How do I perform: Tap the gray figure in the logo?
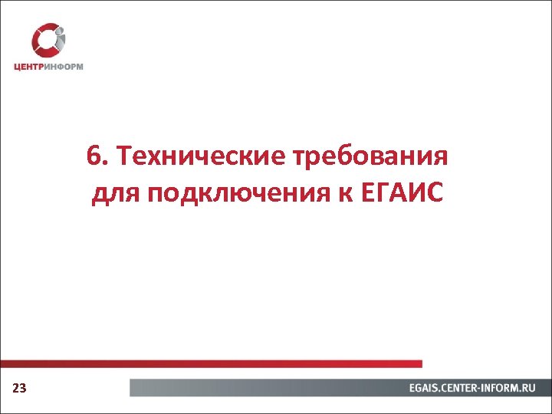[x=61, y=38]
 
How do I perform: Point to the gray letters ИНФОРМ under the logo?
[x=65, y=66]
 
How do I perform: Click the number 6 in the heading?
[x=93, y=157]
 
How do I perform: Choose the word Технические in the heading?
[x=200, y=158]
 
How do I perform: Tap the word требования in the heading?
[x=370, y=158]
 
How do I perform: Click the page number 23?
[x=20, y=389]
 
